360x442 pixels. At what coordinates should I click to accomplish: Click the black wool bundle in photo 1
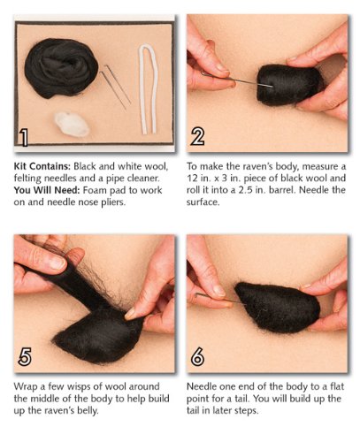pos(61,68)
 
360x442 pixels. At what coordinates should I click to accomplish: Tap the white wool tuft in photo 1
pos(72,124)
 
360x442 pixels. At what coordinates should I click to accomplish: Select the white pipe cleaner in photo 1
pos(149,89)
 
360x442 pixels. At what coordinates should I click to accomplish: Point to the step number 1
pos(24,137)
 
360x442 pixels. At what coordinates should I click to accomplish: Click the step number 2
pos(197,137)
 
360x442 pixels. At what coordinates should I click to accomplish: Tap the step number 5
pos(25,356)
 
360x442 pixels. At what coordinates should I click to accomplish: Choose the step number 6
pos(197,356)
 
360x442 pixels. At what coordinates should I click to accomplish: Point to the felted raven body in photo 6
pos(277,307)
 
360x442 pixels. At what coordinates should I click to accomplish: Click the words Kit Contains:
pos(42,166)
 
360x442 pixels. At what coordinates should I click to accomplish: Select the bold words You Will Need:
pos(47,190)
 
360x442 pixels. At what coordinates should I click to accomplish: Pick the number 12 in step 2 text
pos(191,179)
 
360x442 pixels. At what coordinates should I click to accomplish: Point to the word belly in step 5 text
pos(88,411)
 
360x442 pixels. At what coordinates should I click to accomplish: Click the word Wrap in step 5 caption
pos(26,386)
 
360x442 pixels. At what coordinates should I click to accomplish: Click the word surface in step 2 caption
pos(203,202)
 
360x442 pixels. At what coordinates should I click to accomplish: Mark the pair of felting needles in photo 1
pos(116,87)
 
